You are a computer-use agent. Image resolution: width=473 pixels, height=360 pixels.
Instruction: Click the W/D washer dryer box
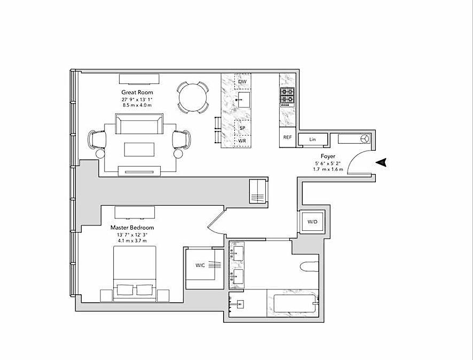[x=311, y=222]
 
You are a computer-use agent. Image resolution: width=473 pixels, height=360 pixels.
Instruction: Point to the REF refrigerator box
[x=287, y=138]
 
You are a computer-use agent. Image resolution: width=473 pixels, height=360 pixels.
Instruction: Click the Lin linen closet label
[x=312, y=140]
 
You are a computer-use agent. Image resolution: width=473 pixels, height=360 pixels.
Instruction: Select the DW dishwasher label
[x=242, y=81]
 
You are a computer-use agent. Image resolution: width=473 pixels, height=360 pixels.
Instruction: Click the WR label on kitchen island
[x=242, y=141]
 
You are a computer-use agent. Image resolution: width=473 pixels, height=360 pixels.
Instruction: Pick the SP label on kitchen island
[x=242, y=128]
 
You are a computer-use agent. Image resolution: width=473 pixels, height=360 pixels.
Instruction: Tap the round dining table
[x=193, y=98]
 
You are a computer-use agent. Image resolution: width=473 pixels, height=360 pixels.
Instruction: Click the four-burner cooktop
[x=287, y=95]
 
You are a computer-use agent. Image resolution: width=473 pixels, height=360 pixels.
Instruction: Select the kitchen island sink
[x=243, y=99]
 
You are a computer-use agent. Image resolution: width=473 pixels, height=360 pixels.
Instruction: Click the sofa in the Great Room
[x=140, y=126]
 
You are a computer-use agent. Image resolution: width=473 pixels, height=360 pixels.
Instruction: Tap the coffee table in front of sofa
[x=139, y=149]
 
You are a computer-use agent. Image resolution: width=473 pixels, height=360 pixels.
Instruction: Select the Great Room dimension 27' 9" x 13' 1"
[x=138, y=99]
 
